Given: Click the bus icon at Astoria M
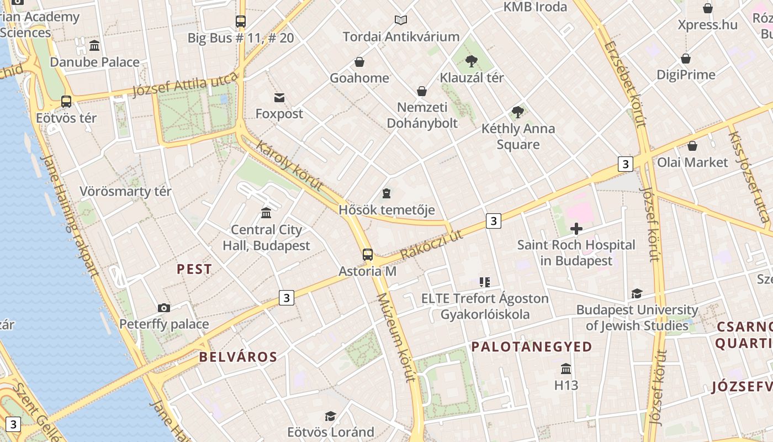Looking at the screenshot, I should click(368, 255).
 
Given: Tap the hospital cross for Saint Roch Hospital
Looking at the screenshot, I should click(576, 229).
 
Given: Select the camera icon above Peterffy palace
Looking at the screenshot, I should click(164, 308).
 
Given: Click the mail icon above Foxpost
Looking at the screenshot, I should click(279, 98).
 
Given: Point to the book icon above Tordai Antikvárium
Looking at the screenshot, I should click(401, 20).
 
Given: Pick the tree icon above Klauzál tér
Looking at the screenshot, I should click(471, 61).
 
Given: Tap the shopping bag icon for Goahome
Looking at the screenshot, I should click(359, 62).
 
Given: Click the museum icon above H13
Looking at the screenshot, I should click(566, 369).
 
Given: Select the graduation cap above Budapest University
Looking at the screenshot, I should click(637, 293).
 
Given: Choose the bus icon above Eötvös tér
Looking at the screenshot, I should click(66, 102).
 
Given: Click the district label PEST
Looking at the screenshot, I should click(194, 269).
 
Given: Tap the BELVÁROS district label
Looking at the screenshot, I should click(238, 357).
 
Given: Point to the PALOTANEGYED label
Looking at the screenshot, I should click(532, 347).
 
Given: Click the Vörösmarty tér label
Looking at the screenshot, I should click(126, 192).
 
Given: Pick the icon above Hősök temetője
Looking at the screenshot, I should click(386, 193).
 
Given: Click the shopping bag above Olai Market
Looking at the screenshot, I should click(692, 146).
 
